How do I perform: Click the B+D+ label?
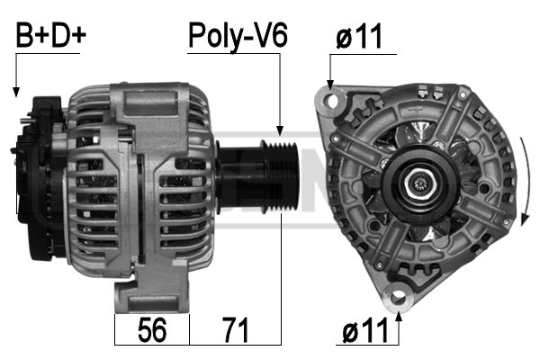(50, 35)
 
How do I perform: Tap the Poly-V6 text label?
(238, 37)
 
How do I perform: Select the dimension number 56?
(152, 330)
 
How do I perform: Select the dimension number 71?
(235, 330)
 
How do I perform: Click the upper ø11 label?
(359, 36)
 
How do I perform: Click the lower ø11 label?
(365, 330)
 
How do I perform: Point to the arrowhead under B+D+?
(16, 92)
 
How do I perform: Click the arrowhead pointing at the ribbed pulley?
(280, 130)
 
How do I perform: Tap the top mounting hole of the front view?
(332, 101)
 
